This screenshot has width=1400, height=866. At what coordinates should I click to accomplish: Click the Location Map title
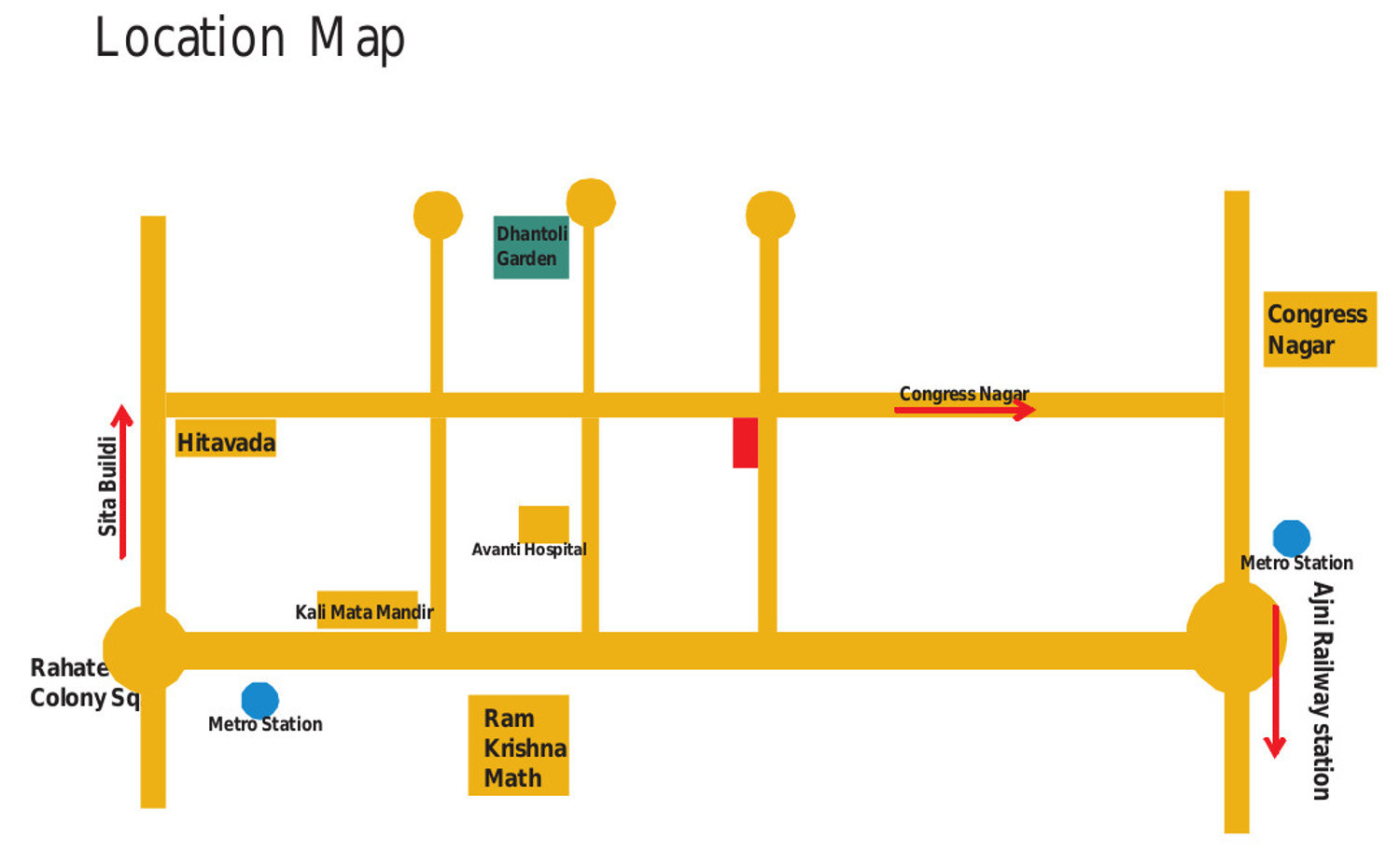pos(249,38)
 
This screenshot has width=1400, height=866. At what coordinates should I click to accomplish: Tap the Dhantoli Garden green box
pos(531,246)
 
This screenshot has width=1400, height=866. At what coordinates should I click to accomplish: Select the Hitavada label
pos(226,442)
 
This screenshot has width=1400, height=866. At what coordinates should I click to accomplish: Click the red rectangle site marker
pos(745,442)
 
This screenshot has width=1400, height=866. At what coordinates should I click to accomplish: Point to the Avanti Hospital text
pos(529,550)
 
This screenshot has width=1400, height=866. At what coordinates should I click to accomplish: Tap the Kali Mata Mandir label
pos(365,612)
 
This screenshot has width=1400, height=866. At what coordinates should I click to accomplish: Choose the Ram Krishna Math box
pos(519,747)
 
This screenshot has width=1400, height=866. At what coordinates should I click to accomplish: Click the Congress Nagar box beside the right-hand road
pos(1319,329)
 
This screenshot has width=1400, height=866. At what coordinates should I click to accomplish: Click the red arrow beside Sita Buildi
pos(122,481)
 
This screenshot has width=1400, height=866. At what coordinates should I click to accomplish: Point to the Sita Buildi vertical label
pos(107,486)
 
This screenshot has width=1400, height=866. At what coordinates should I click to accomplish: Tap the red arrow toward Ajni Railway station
pos(1275,681)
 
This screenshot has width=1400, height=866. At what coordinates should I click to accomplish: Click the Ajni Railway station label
pos(1322,691)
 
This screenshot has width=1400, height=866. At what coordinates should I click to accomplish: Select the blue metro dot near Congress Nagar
pos(1292,538)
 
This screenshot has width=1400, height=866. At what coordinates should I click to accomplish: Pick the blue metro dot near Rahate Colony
pos(259,700)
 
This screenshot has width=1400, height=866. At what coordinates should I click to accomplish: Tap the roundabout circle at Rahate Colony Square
pos(146,649)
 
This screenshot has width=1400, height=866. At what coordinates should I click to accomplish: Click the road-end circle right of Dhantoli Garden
pos(591,202)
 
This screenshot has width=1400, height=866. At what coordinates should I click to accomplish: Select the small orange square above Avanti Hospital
pos(544,523)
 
